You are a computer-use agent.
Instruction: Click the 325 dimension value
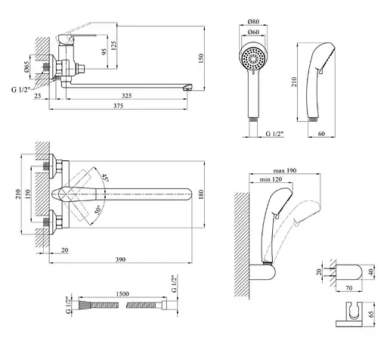point(126,95)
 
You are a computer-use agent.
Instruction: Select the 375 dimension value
point(118,106)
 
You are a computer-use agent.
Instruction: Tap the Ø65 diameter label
point(27,67)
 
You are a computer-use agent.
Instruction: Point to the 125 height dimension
point(113,45)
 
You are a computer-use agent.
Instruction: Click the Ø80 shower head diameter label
point(253,22)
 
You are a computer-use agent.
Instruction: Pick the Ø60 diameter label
point(253,33)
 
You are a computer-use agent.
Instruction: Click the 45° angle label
point(105,178)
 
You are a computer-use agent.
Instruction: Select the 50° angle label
point(98,209)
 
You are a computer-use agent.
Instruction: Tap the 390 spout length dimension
point(120,259)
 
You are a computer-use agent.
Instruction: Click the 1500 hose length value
point(122,294)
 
